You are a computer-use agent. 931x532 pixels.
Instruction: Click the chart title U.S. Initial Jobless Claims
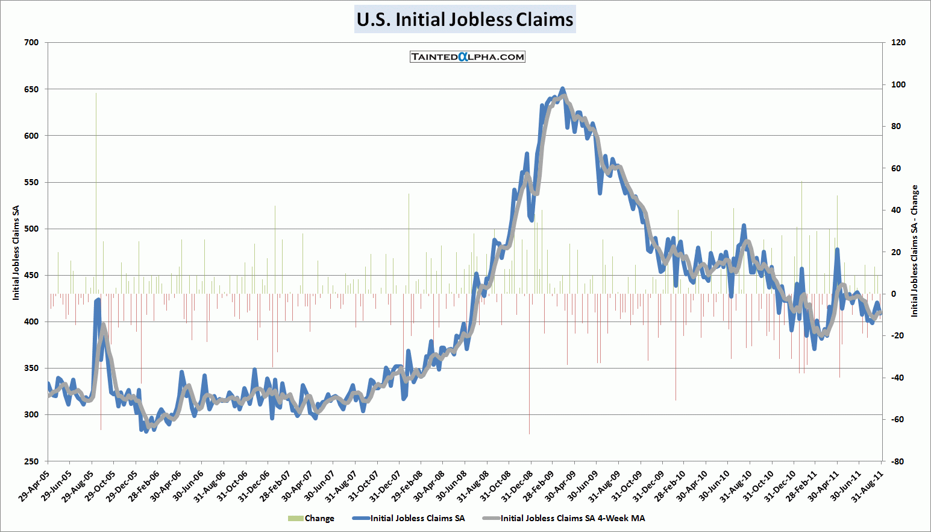pos(465,19)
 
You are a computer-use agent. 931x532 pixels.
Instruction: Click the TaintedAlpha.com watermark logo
pos(467,57)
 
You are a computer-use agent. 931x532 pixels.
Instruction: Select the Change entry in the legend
pos(312,518)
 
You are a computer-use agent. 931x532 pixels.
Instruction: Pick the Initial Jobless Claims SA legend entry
pos(410,518)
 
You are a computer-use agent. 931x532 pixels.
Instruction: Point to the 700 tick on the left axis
pos(31,42)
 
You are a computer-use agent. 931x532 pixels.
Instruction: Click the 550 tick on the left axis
pos(31,182)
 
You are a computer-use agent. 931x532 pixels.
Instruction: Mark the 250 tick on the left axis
pos(31,461)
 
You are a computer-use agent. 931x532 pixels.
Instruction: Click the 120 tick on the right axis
pos(898,42)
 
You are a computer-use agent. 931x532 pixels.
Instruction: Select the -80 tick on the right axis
pos(897,461)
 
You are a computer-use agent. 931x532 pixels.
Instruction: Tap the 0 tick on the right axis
pos(894,294)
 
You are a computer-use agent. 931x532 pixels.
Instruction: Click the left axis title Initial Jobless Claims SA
pos(16,252)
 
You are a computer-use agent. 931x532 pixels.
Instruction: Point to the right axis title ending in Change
pos(914,251)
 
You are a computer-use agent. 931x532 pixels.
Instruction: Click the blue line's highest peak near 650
pos(562,89)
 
